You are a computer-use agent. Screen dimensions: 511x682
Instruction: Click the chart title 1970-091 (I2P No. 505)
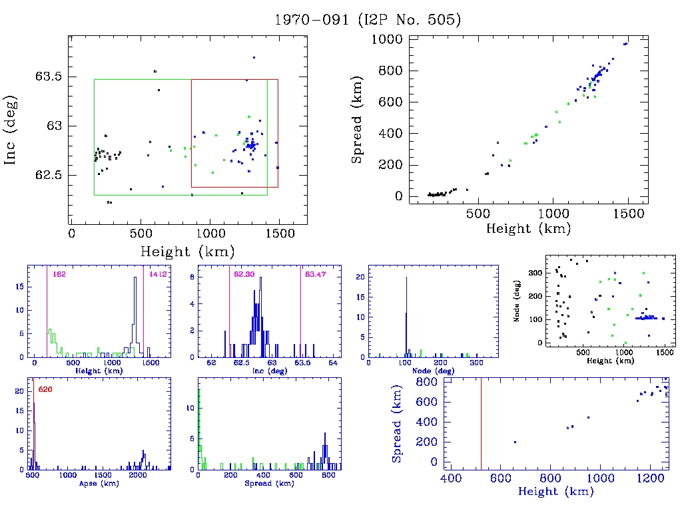368,19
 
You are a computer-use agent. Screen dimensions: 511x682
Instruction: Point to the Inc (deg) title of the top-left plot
11,130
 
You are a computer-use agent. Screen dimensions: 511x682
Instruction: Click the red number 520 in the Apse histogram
45,389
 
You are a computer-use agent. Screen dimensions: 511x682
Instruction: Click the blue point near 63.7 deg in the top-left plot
254,57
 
